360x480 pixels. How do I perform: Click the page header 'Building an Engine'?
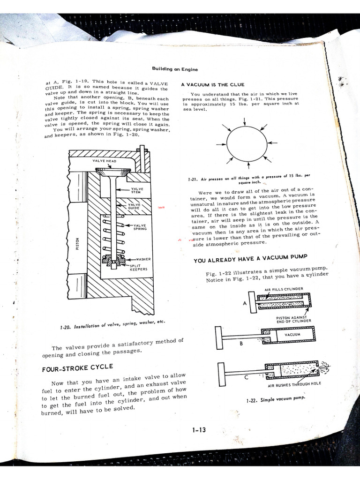click(174, 69)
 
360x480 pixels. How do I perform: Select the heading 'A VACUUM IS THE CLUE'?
click(213, 85)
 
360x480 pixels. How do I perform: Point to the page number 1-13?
click(199, 430)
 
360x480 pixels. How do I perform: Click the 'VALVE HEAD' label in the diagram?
click(104, 161)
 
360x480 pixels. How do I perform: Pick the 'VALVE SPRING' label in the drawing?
click(140, 227)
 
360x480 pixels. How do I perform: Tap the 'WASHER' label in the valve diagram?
click(143, 259)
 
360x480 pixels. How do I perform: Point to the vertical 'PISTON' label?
click(77, 243)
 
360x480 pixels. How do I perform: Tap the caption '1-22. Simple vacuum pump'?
click(275, 398)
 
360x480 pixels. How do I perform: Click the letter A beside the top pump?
click(245, 303)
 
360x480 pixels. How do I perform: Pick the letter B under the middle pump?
click(241, 343)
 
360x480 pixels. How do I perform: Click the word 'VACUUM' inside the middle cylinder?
click(292, 335)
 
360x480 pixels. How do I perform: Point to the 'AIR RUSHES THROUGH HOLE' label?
click(294, 386)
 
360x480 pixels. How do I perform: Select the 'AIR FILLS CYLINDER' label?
click(284, 289)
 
